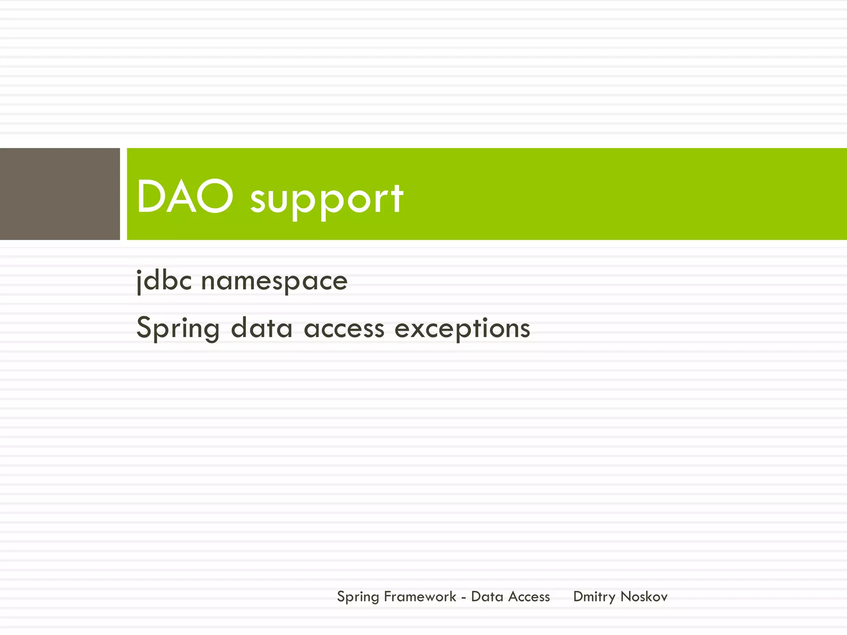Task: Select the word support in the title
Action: (327, 201)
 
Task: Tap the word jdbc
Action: (164, 281)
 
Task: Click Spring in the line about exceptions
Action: (178, 329)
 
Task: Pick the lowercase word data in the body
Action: (261, 329)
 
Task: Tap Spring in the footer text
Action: (358, 597)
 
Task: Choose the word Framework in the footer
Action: (420, 597)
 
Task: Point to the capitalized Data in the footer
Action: (487, 597)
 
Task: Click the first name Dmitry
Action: (594, 597)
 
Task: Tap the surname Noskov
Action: (644, 597)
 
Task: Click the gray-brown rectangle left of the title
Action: (60, 194)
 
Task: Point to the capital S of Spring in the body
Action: (145, 327)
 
